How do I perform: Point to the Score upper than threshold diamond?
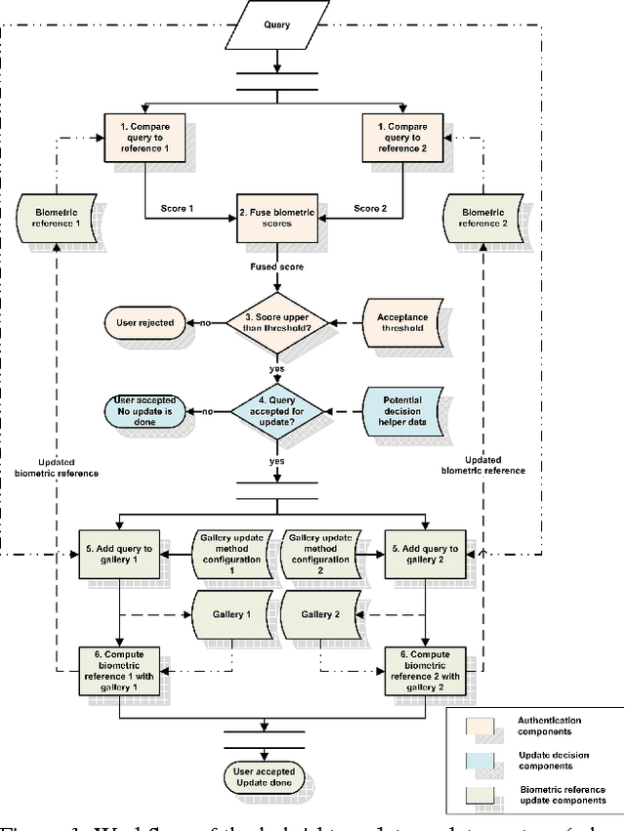pyautogui.click(x=278, y=322)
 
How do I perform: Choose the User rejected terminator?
pyautogui.click(x=143, y=322)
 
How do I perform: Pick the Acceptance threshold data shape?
pyautogui.click(x=403, y=322)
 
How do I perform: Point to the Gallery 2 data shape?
pyautogui.click(x=319, y=615)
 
